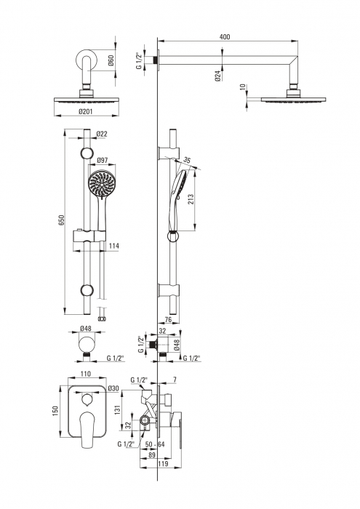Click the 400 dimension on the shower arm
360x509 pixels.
click(225, 36)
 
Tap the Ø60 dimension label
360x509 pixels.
click(111, 60)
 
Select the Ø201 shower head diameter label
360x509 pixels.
click(85, 111)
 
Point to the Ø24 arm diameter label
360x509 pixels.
click(218, 76)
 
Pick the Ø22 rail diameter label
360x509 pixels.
click(102, 134)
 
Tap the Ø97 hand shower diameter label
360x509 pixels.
click(103, 160)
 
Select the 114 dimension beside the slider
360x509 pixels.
click(113, 246)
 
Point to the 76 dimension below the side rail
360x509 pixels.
click(168, 319)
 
